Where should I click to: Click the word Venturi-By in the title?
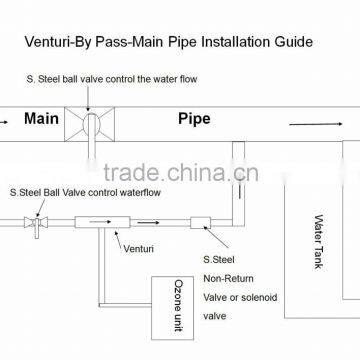[84, 43]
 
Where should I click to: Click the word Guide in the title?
[290, 43]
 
